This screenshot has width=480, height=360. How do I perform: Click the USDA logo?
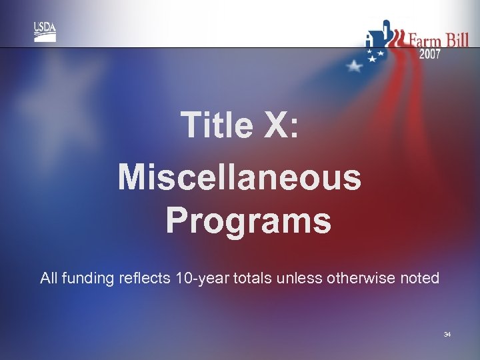(x=45, y=31)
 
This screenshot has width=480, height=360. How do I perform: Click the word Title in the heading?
(x=217, y=125)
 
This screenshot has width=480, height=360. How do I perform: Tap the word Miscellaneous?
(x=239, y=178)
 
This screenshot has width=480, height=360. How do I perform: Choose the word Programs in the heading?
(x=248, y=220)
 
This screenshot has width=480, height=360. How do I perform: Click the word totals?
(x=253, y=278)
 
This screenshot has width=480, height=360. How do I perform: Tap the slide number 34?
(x=447, y=333)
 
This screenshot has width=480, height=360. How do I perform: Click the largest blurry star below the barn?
(x=355, y=65)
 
